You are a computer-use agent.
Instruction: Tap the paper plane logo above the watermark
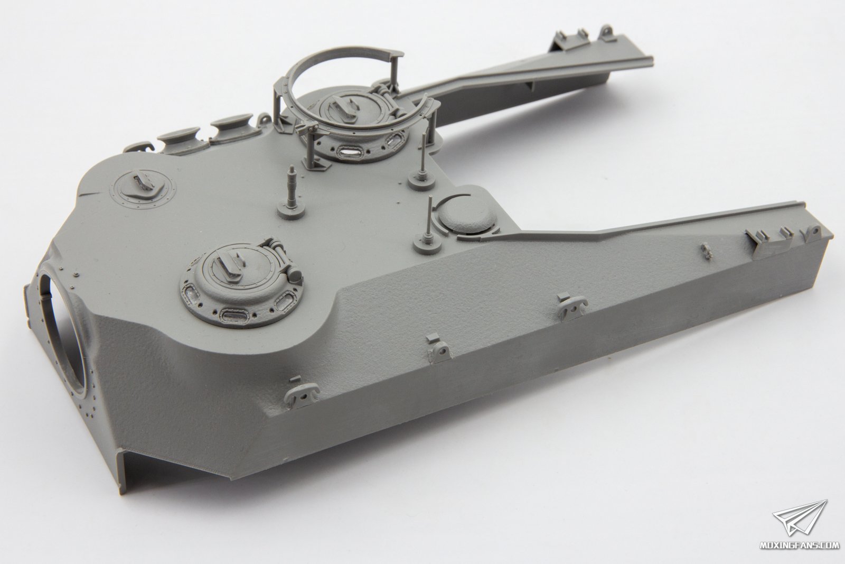[800, 524]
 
